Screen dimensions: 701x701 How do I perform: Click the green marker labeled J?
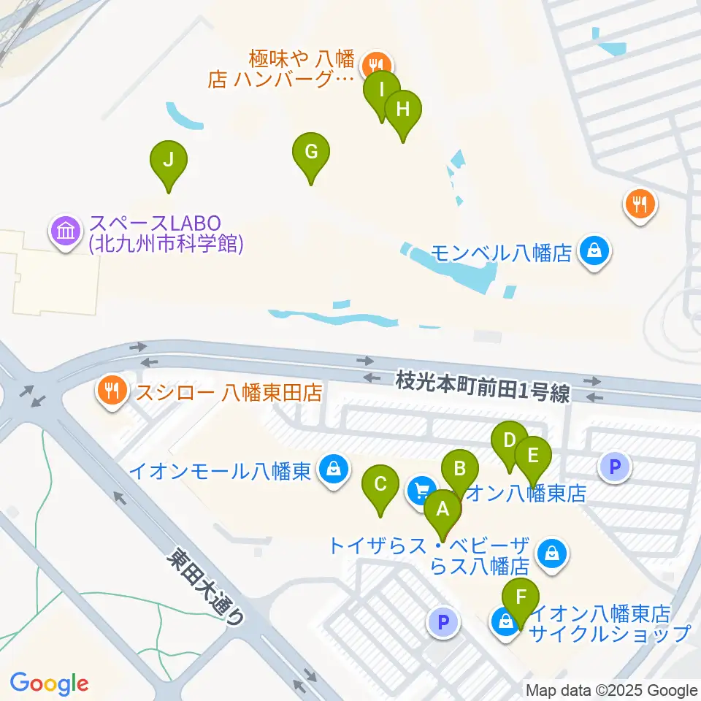pos(169,160)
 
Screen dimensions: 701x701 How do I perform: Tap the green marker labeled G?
pos(311,153)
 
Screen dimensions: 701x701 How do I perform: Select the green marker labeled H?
pos(403,110)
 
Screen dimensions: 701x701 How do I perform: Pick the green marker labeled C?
pos(380,484)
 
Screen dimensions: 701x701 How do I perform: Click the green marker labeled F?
pos(521,597)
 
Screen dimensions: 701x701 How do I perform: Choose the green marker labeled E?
pos(532,456)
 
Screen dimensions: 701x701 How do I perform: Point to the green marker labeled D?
pos(510,441)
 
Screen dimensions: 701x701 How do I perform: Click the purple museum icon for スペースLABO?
pos(66,232)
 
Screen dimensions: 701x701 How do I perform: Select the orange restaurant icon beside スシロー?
pos(111,393)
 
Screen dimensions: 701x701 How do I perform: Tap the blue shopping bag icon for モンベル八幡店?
pos(595,253)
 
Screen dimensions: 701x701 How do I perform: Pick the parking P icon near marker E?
pos(615,466)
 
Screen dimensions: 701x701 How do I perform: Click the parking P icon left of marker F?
pos(442,622)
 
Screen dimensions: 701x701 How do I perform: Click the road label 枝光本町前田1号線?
pos(483,387)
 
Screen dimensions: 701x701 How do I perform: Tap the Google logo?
pos(49,683)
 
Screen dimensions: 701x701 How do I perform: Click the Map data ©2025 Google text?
pos(612,691)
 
